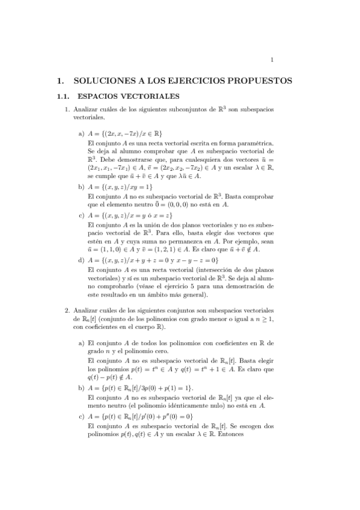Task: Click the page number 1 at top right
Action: click(272, 59)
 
